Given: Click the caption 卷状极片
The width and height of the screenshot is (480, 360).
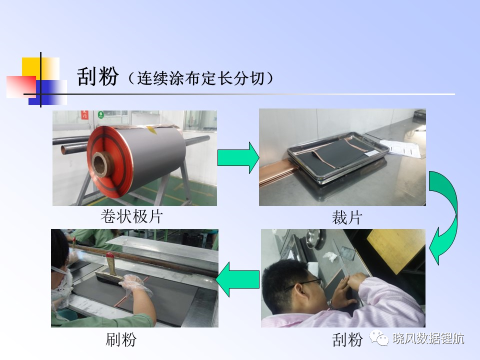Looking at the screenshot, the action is [131, 216].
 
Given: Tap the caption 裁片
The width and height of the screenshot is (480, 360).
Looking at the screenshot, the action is [347, 218].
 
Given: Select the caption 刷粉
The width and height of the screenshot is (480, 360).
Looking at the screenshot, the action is [121, 339].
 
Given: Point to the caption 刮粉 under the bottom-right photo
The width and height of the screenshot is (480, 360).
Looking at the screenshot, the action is [347, 340].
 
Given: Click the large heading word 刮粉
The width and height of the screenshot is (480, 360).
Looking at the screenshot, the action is [97, 76].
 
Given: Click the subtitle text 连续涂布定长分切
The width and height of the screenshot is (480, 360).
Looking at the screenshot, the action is [200, 78].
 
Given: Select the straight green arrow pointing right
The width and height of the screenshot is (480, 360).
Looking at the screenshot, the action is [238, 157].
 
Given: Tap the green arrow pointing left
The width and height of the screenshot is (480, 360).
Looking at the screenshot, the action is [237, 279].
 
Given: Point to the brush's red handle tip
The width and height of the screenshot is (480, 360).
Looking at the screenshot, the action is [109, 255].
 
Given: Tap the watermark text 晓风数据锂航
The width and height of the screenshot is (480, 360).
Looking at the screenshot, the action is [428, 338].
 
